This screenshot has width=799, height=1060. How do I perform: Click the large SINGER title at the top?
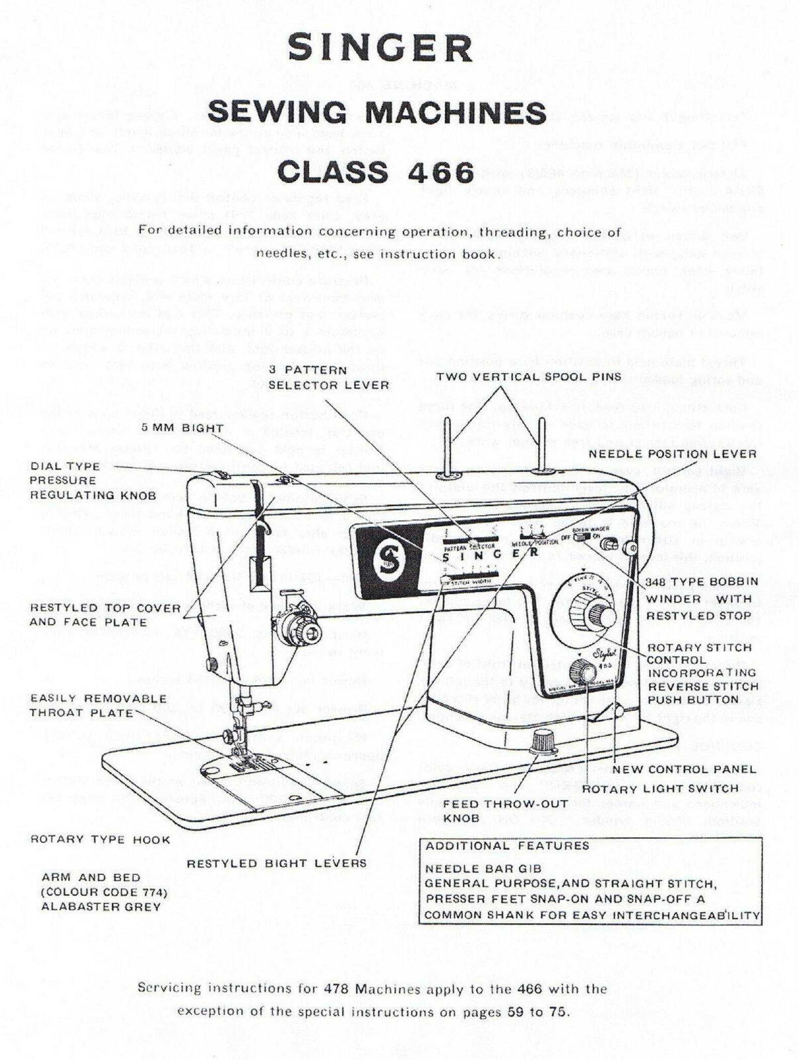point(380,49)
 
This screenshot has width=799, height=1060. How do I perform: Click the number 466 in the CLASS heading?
point(441,172)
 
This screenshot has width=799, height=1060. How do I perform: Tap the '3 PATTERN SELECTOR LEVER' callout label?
point(329,378)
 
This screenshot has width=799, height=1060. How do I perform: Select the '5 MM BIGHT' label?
point(182,428)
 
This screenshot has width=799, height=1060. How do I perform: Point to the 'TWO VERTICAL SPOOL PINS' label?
point(529,376)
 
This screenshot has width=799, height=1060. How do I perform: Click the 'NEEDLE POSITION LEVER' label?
point(673,454)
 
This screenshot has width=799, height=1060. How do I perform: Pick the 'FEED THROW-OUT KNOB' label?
point(505,811)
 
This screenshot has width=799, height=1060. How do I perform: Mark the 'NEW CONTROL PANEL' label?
point(684,769)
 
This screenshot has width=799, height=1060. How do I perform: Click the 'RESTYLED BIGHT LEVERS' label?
point(277,864)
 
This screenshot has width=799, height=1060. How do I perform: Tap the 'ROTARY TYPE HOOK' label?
point(100,840)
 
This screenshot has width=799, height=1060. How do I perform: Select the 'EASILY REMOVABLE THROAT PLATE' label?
point(98,706)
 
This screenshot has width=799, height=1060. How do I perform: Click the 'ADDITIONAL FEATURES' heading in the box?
point(507,846)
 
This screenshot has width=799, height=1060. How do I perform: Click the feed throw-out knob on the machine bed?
point(543,741)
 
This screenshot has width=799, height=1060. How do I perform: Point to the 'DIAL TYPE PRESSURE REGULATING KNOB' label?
point(93,480)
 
